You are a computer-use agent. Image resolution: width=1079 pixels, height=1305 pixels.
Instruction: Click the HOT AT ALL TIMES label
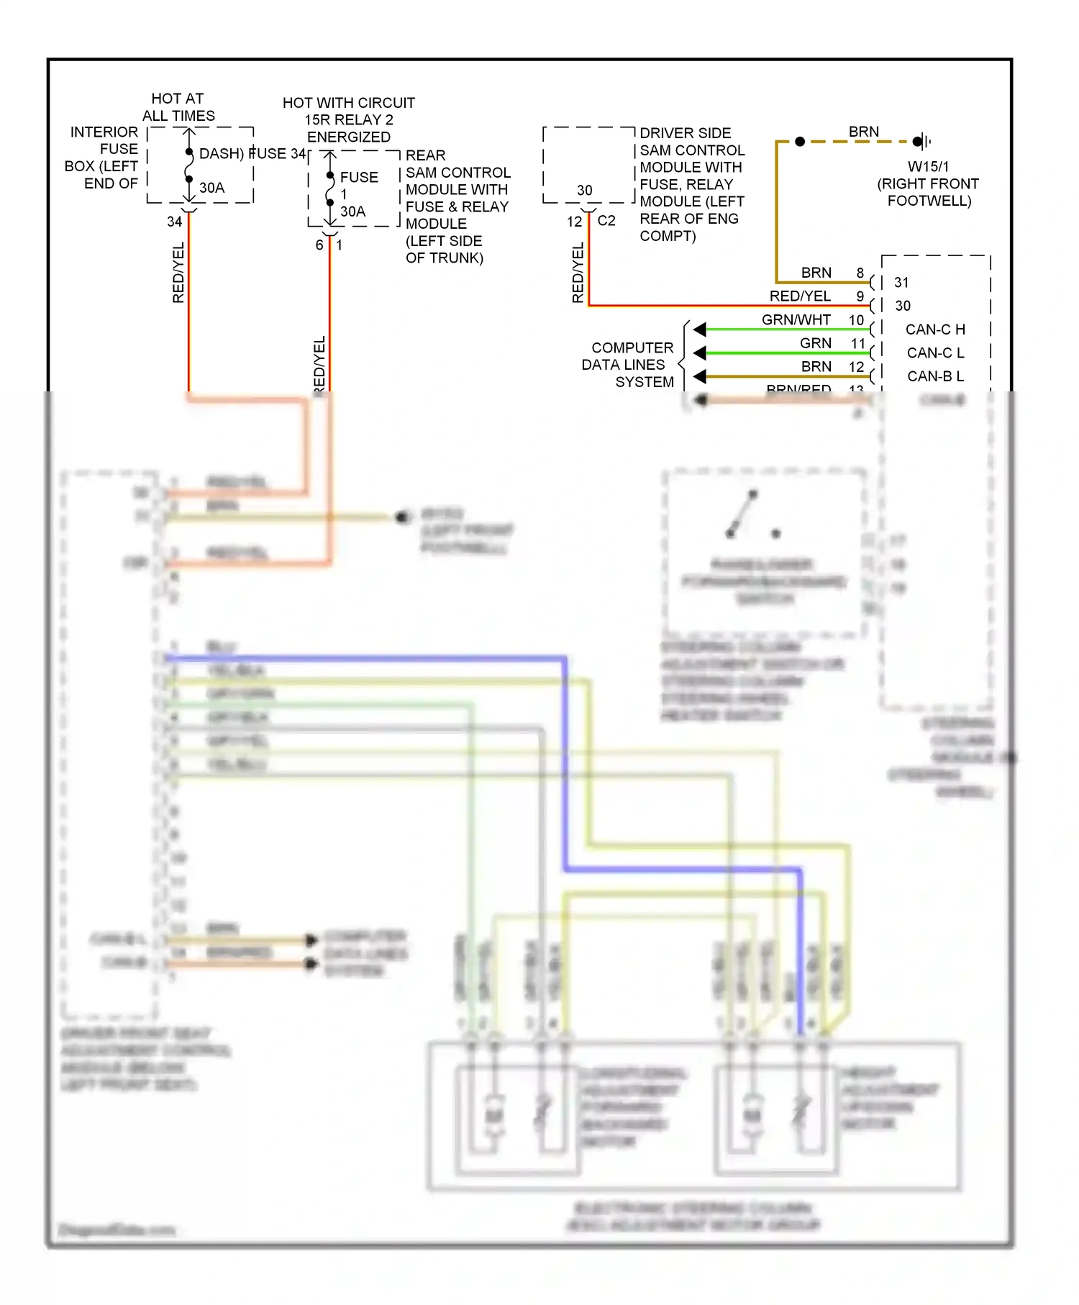178,107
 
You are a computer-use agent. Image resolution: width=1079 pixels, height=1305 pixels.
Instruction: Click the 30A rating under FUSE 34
211,188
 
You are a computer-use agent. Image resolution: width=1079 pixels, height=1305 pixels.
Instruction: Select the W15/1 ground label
928,166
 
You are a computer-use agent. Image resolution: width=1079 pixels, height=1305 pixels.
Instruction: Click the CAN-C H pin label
934,329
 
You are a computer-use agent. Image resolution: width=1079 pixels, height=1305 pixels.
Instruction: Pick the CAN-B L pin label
934,376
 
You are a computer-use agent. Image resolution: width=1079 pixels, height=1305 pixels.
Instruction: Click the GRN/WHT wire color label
796,319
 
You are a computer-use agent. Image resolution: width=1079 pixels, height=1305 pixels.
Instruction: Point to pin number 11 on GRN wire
857,343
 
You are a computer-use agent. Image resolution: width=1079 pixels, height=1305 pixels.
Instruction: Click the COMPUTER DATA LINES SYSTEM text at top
627,365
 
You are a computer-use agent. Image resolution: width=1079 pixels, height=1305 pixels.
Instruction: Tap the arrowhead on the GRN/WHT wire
700,329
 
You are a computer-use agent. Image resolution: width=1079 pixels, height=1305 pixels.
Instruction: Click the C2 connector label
606,221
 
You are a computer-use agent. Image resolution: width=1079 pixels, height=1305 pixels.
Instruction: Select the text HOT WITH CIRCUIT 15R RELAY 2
348,112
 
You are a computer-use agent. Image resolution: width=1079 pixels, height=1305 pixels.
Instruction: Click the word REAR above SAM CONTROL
425,155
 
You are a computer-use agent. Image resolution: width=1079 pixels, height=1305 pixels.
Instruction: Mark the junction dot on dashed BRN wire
800,142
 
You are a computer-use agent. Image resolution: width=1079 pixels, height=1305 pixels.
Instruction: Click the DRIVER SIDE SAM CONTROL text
691,142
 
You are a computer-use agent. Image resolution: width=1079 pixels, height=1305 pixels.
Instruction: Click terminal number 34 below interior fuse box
174,222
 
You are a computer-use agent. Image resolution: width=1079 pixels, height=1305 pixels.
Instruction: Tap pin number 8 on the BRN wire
860,273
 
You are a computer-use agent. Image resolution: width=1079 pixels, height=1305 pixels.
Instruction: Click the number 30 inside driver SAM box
584,191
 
